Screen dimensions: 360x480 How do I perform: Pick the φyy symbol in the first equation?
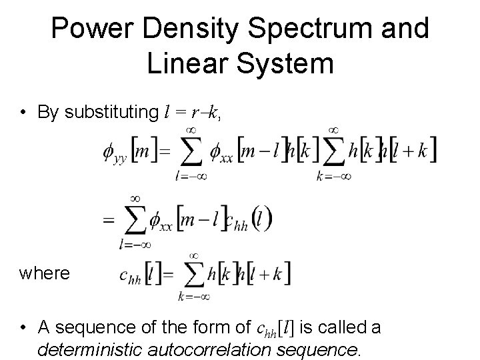[115, 153]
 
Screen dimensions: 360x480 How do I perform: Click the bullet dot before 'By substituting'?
[23, 113]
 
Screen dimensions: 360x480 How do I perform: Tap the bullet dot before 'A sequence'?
[23, 328]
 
